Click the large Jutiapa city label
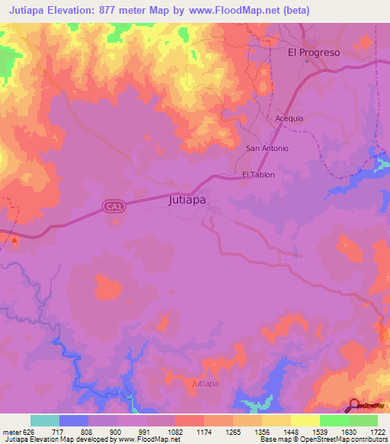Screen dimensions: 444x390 click(187, 202)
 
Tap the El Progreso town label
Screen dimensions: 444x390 click(313, 53)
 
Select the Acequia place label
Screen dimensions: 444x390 click(289, 119)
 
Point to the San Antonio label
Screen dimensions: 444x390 click(267, 148)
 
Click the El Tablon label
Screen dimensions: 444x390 click(257, 175)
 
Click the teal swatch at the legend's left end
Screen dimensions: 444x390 click(45, 420)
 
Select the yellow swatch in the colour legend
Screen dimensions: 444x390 click(305, 420)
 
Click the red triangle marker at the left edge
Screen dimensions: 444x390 click(14, 240)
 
